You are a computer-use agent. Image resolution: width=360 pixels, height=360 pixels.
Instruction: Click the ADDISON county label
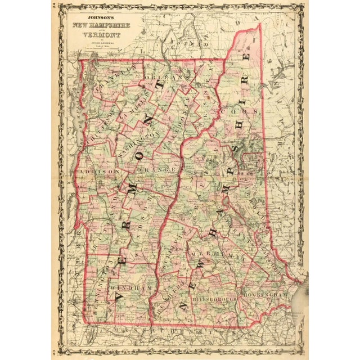point(99,170)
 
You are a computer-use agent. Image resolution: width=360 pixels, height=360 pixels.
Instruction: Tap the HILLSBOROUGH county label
point(214,301)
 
